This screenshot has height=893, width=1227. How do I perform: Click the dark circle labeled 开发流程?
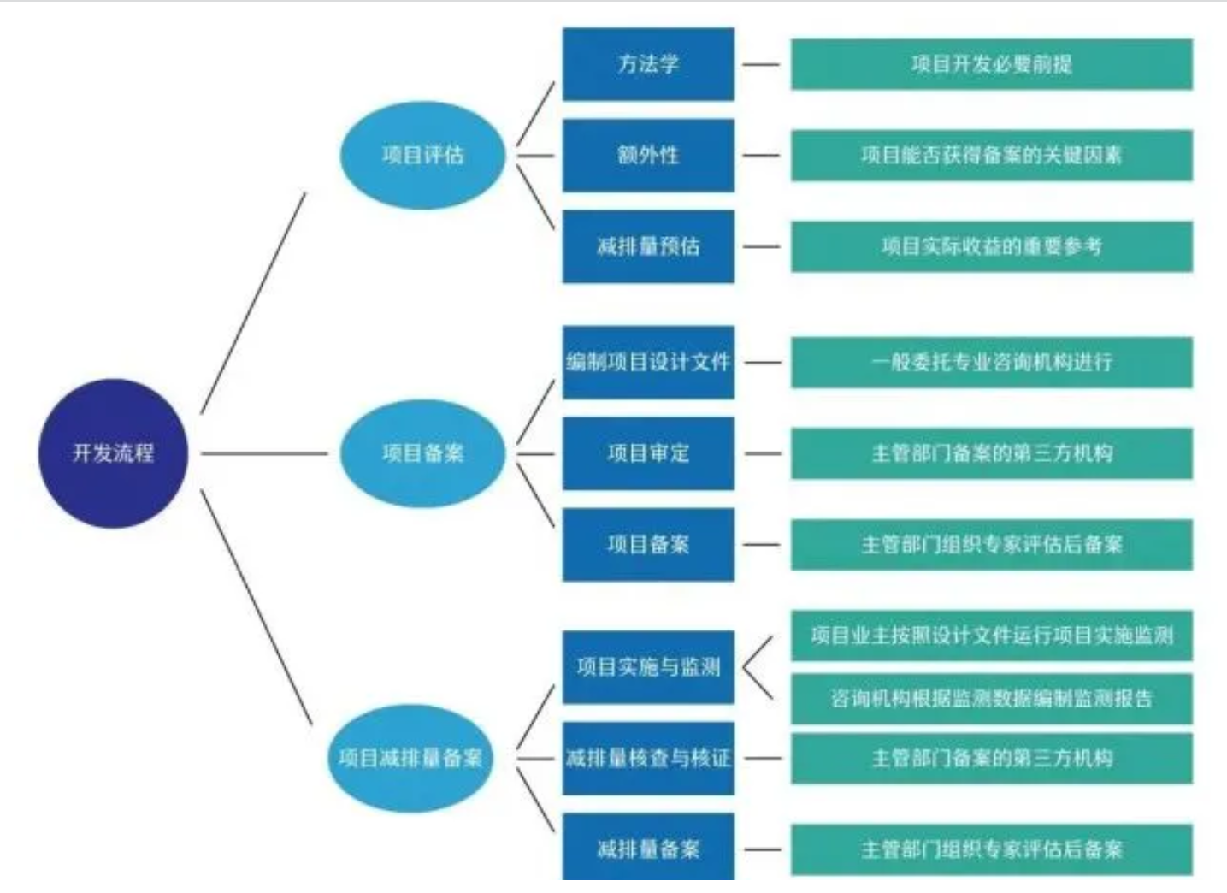click(x=114, y=453)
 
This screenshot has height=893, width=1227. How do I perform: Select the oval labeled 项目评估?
click(x=422, y=155)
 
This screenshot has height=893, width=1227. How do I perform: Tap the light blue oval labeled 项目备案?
click(x=422, y=453)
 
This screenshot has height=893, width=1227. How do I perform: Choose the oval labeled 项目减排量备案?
click(x=410, y=758)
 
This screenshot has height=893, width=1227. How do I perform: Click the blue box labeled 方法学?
click(x=648, y=64)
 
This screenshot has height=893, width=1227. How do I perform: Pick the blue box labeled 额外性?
click(x=648, y=155)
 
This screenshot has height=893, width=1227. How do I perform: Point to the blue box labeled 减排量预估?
click(x=648, y=246)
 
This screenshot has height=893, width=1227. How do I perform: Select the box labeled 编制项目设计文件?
click(x=648, y=362)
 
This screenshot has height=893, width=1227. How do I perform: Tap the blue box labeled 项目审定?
click(x=648, y=453)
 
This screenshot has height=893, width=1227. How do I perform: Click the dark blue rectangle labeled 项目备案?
click(x=648, y=545)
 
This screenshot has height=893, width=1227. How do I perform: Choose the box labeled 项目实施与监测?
click(x=648, y=667)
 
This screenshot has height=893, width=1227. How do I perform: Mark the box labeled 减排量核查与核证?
click(x=648, y=758)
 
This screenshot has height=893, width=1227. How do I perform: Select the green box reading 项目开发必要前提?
click(x=992, y=64)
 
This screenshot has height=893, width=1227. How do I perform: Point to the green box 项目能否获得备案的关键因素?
click(x=992, y=155)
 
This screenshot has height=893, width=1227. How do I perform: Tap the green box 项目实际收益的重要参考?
click(x=992, y=246)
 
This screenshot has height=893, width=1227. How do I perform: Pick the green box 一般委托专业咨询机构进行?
click(x=992, y=362)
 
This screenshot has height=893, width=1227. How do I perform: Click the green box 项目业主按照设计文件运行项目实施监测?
click(x=992, y=636)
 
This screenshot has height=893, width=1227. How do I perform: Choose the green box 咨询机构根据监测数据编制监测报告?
click(x=992, y=699)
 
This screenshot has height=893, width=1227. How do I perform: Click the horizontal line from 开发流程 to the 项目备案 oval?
click(x=264, y=453)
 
